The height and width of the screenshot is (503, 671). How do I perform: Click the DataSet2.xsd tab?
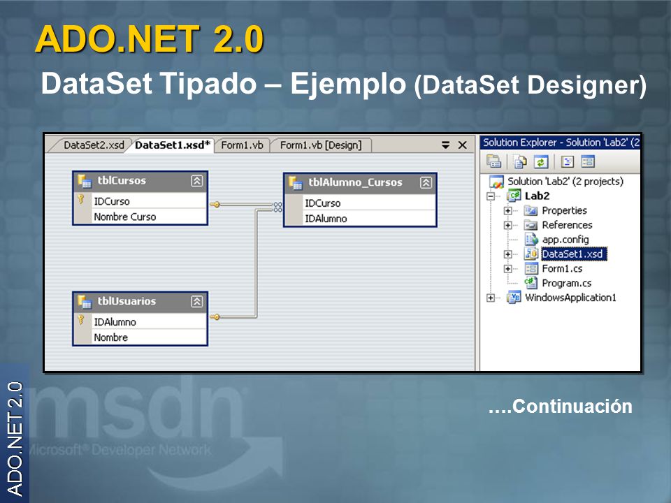click(x=94, y=145)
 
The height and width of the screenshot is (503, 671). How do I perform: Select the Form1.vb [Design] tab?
click(x=321, y=145)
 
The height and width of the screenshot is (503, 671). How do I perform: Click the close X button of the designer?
click(x=462, y=145)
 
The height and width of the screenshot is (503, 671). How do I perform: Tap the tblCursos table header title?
click(x=122, y=180)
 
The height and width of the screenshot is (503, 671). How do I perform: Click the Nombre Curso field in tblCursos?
click(x=125, y=217)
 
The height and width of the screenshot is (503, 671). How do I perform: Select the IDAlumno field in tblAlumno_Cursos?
click(x=326, y=219)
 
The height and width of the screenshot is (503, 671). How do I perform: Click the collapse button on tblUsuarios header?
click(x=197, y=302)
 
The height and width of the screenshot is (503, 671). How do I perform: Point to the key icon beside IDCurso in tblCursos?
click(x=81, y=199)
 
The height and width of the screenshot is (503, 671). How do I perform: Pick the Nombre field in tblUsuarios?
click(x=111, y=337)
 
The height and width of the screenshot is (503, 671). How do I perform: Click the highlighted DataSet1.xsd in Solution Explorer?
click(x=573, y=254)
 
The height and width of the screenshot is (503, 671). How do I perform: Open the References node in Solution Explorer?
click(x=567, y=225)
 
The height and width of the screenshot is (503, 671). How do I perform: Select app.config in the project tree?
click(x=565, y=240)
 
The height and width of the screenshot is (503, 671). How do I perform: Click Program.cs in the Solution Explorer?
click(x=567, y=283)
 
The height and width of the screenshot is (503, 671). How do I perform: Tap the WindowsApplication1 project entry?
click(x=570, y=298)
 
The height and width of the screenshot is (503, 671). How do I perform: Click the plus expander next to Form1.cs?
click(x=507, y=268)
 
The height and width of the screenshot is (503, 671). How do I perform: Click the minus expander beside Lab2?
click(x=491, y=196)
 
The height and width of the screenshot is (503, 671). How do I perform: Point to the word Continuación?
click(x=572, y=407)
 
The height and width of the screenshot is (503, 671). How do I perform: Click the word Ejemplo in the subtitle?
click(x=348, y=84)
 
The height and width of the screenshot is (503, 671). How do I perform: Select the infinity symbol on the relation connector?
click(x=278, y=207)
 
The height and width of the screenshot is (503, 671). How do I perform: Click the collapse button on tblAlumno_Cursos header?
click(x=426, y=182)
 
